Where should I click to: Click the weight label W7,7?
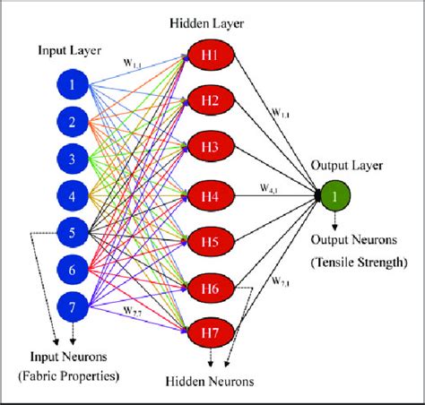click(134, 311)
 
